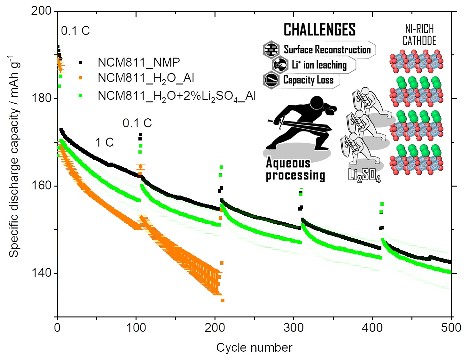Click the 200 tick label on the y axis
[x=41, y=11]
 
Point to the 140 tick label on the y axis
[x=41, y=273]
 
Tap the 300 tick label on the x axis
[x=293, y=328]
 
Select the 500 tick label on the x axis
[x=451, y=328]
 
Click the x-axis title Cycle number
[x=254, y=348]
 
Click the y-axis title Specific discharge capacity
[x=14, y=157]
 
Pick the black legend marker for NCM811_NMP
[x=80, y=63]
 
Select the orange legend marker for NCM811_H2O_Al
[x=80, y=78]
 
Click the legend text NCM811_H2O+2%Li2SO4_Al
[x=176, y=96]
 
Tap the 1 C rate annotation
[x=105, y=142]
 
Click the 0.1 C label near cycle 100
[x=137, y=123]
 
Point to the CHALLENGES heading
[x=319, y=30]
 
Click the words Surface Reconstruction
[x=327, y=50]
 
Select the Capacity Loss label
[x=308, y=80]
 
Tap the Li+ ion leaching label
[x=319, y=65]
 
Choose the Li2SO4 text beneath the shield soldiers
[x=364, y=175]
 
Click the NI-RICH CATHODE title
[x=419, y=35]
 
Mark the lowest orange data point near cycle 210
[x=223, y=300]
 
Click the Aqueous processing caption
[x=295, y=169]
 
